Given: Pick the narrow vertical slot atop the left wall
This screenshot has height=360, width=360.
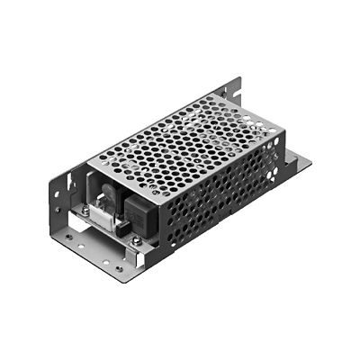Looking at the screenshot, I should (x=56, y=176).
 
